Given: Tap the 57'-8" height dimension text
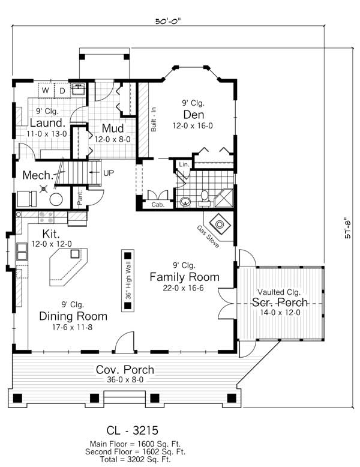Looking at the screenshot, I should click(345, 227).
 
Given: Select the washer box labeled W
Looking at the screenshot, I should click(46, 91).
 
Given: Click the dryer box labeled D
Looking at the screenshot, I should click(61, 91).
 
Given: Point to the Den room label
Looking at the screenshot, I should click(194, 115).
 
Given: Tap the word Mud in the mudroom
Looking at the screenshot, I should click(112, 128).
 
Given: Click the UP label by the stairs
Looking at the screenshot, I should click(109, 172).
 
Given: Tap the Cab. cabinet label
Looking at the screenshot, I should click(157, 204).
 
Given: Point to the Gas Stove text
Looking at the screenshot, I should click(208, 237).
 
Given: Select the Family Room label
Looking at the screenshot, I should click(184, 277).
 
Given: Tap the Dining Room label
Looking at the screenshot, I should click(73, 316).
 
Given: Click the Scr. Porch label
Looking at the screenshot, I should click(280, 302).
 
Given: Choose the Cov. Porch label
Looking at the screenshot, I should click(125, 369).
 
